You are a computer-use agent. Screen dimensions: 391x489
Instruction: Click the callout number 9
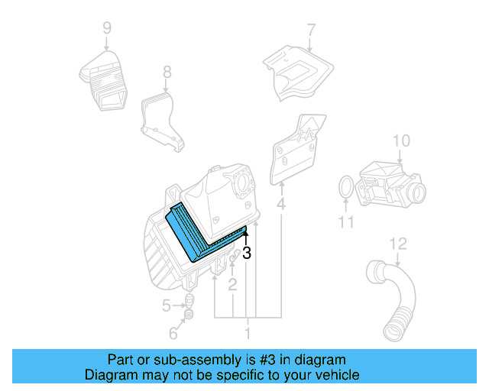tap(107, 28)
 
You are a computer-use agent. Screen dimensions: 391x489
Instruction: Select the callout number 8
tap(167, 73)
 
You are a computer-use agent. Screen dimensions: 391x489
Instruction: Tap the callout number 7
tap(311, 31)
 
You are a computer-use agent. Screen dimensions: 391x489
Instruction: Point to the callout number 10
tap(402, 141)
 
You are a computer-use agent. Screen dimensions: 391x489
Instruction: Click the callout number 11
tap(345, 222)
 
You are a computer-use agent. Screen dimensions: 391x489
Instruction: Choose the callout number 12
tap(398, 244)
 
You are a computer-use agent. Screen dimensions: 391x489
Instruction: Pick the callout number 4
tap(281, 205)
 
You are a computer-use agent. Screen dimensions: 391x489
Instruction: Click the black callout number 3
tap(247, 253)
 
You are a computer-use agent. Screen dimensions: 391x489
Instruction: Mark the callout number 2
tap(232, 285)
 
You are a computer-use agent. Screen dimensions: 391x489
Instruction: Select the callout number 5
tap(167, 306)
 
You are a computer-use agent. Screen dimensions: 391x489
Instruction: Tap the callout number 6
tap(173, 334)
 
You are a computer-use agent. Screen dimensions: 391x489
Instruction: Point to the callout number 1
tap(247, 334)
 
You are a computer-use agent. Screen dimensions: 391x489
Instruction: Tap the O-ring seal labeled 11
tap(345, 187)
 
